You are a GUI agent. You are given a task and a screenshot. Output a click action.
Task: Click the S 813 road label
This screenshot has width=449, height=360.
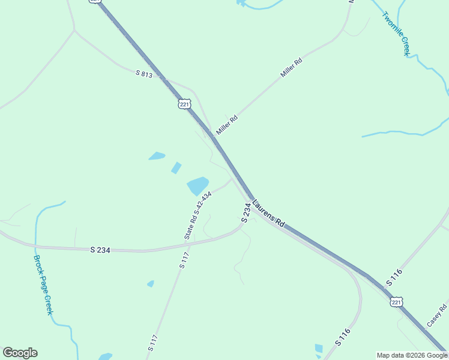(144, 73)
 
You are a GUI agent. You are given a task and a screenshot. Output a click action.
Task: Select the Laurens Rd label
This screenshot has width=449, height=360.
(268, 214)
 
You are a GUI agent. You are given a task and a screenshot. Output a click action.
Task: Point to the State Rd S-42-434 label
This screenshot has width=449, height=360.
(198, 216)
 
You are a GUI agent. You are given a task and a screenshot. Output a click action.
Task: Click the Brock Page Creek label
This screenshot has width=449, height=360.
(43, 286)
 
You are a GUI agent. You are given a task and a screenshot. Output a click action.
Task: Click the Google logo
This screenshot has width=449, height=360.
(20, 353)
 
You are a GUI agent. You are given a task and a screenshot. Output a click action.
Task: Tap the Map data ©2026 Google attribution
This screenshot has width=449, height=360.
(412, 355)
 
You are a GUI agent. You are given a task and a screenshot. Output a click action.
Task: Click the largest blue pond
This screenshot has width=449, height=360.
(198, 186)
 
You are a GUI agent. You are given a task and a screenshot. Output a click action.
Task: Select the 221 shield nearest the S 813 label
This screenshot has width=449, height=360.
(184, 104)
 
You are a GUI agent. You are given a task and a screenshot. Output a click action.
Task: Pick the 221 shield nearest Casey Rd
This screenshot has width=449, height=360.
(396, 302)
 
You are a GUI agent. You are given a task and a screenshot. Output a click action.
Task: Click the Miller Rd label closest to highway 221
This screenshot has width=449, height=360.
(227, 125)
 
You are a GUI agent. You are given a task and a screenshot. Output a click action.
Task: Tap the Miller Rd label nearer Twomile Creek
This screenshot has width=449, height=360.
(291, 68)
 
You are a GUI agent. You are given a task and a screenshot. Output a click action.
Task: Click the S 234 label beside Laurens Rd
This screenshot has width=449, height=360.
(246, 213)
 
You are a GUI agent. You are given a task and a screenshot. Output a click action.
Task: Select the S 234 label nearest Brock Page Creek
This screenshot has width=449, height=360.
(100, 250)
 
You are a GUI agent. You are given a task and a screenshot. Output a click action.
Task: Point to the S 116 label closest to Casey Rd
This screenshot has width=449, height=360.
(394, 277)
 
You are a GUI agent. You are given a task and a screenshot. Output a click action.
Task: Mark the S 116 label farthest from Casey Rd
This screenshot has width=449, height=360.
(343, 337)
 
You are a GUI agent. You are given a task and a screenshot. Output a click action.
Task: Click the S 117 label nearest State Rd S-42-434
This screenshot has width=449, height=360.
(184, 260)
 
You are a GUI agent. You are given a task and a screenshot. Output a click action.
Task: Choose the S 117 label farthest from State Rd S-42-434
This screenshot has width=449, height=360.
(152, 343)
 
